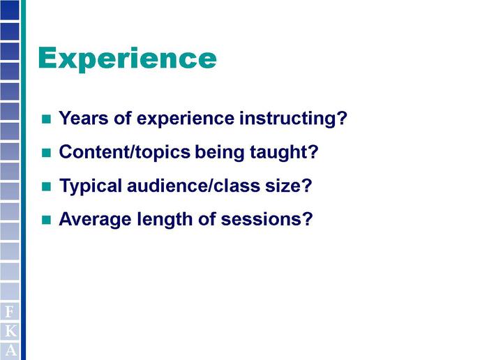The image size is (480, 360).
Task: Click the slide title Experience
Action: click(x=128, y=59)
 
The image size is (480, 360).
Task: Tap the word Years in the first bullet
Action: click(x=84, y=118)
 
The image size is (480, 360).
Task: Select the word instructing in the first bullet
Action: click(x=293, y=118)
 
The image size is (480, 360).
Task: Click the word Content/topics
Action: click(x=125, y=152)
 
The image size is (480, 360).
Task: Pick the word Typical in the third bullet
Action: click(x=91, y=186)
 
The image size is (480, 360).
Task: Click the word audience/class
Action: click(x=193, y=185)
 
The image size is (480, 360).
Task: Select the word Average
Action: click(x=95, y=220)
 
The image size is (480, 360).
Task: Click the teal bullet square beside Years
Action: click(x=46, y=119)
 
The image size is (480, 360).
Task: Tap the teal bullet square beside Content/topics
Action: click(x=46, y=153)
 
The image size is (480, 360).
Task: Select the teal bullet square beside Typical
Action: click(x=46, y=186)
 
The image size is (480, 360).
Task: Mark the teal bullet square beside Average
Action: click(x=46, y=220)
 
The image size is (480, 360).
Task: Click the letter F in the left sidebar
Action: click(x=10, y=312)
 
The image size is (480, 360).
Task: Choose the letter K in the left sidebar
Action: click(x=10, y=331)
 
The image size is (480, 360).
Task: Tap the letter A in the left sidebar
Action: click(x=10, y=350)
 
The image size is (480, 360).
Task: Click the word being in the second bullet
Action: click(x=220, y=152)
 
